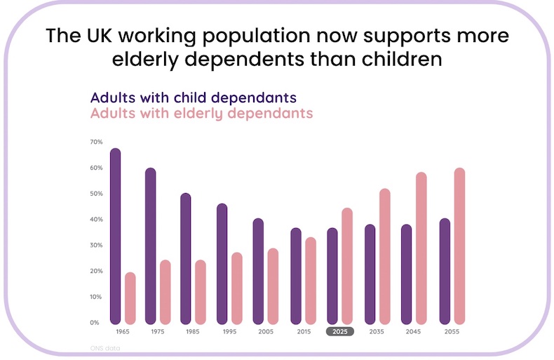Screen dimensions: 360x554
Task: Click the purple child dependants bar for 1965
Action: pyautogui.click(x=116, y=236)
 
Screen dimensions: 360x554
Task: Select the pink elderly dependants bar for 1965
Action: pyautogui.click(x=130, y=298)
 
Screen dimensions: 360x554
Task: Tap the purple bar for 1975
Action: pyautogui.click(x=151, y=246)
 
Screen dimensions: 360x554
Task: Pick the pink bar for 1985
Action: pyautogui.click(x=201, y=292)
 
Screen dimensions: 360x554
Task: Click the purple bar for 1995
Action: pyautogui.click(x=222, y=263)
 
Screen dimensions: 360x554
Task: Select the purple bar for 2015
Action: pyautogui.click(x=296, y=275)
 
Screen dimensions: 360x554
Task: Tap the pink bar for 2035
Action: pyautogui.click(x=384, y=256)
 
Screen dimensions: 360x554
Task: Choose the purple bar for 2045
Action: pyautogui.click(x=406, y=274)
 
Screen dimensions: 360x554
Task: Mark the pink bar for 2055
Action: pyautogui.click(x=459, y=246)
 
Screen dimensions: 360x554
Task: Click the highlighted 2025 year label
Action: pyautogui.click(x=340, y=331)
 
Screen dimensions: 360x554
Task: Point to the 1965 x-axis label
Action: pyautogui.click(x=123, y=331)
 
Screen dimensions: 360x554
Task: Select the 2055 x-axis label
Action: pyautogui.click(x=452, y=331)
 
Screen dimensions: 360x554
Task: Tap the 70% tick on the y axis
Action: pyautogui.click(x=96, y=142)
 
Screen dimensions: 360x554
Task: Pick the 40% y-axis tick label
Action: pyautogui.click(x=96, y=220)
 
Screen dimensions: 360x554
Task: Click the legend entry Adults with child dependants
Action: pyautogui.click(x=193, y=98)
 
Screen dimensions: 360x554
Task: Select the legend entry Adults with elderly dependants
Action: pyautogui.click(x=201, y=113)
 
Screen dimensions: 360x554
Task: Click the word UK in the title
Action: pyautogui.click(x=90, y=36)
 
